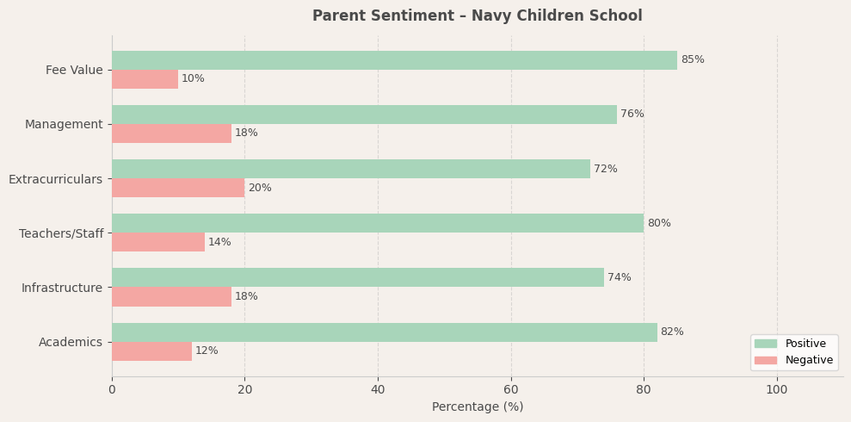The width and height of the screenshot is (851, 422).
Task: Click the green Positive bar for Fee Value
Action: coord(394,60)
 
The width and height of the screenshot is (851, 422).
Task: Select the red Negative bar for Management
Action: coord(171,133)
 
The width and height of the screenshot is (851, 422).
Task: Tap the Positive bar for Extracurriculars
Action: coord(351,169)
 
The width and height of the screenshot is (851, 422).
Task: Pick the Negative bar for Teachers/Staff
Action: coord(158,242)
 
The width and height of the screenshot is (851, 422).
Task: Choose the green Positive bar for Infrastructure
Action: coord(358,277)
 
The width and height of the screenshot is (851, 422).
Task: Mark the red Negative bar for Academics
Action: coord(151,351)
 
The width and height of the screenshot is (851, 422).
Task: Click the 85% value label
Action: coord(693,60)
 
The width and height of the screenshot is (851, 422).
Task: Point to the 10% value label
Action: coord(193,79)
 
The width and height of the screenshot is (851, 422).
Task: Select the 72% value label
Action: coord(606,170)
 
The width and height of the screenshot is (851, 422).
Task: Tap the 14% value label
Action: coord(219,243)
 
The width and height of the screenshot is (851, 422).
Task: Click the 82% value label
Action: coord(672,332)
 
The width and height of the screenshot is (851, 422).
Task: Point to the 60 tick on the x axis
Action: coord(511,390)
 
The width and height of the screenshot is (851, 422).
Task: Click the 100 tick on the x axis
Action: coord(777,390)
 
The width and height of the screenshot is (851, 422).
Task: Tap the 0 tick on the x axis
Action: coord(112,390)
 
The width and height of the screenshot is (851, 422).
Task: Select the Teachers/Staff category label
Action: coord(61,233)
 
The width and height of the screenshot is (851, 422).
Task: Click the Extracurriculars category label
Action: coord(55,179)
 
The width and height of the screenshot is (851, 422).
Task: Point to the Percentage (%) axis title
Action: coord(478,407)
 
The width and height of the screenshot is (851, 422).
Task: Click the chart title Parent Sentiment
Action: coord(477,16)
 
